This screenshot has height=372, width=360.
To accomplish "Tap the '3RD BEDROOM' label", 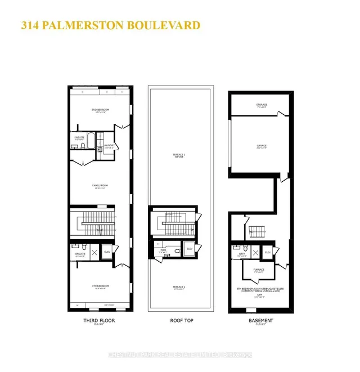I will click(x=100, y=109).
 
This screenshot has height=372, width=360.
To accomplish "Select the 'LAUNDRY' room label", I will click(x=109, y=146).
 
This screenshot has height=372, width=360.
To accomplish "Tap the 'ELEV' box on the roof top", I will click(x=189, y=249).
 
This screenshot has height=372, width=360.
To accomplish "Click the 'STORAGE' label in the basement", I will click(x=262, y=105).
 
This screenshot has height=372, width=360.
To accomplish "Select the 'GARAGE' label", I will click(x=262, y=145).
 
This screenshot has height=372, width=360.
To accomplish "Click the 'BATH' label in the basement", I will click(x=241, y=254).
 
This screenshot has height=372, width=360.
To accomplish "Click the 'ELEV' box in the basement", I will click(x=268, y=252).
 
